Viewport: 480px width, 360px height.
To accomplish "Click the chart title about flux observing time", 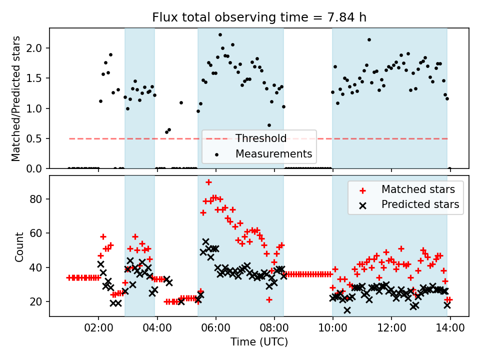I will coord(259,17).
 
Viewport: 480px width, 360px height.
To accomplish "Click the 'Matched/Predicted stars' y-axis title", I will coord(16,98).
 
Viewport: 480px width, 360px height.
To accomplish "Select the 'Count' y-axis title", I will coord(19,246).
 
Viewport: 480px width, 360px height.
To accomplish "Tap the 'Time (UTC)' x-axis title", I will coord(259,342).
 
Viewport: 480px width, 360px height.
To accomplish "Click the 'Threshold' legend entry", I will coord(261,138).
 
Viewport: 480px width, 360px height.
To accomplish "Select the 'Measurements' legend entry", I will coord(273,153).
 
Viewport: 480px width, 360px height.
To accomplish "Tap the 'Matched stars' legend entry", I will coord(418,189).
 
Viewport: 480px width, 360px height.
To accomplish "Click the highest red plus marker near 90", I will coord(208,182).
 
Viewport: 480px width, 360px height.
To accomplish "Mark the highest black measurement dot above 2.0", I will coord(220,35).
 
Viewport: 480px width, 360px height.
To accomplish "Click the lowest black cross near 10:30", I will coord(347,310).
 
